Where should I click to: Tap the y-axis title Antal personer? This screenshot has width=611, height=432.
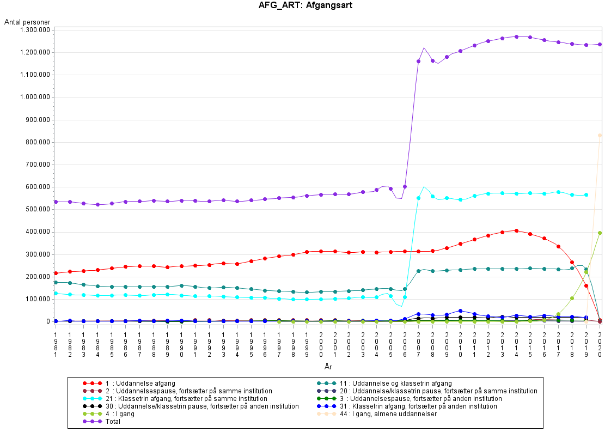coord(27,22)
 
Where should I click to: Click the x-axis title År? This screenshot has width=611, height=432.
coord(328,367)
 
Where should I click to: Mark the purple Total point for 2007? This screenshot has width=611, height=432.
coord(418,61)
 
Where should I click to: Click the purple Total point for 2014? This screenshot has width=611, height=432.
coord(516,36)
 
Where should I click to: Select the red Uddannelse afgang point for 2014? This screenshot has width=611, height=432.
coord(516,230)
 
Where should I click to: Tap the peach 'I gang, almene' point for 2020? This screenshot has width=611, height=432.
coord(600,135)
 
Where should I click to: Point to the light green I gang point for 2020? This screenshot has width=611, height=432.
coord(600,233)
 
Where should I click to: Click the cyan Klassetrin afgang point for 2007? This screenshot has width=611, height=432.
coord(418,198)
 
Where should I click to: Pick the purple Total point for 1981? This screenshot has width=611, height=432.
coord(56,202)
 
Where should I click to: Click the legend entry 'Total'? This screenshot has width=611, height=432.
coord(113,422)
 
